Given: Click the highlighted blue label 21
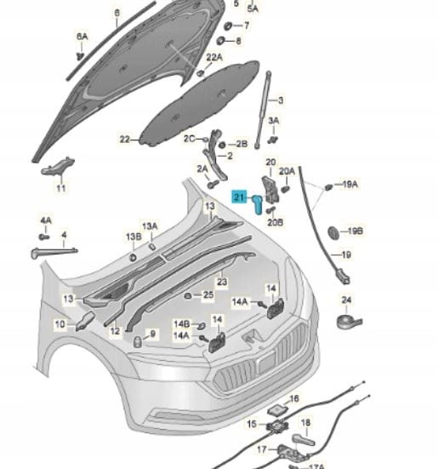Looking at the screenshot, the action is click(240, 197).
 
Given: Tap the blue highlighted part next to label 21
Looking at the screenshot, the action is click(257, 204).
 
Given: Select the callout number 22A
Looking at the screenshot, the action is click(214, 57).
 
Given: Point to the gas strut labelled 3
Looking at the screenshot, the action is click(263, 109).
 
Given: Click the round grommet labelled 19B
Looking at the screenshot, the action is click(333, 232).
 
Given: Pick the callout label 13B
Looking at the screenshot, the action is click(134, 237).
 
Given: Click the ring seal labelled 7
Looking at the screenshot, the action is click(229, 26).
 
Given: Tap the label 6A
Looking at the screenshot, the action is click(82, 37).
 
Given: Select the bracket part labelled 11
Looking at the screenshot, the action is click(57, 166).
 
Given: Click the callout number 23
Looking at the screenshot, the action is click(222, 282).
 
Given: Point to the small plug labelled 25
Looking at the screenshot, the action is click(188, 296).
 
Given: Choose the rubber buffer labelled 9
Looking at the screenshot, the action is click(138, 341).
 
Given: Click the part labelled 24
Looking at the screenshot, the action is click(349, 322).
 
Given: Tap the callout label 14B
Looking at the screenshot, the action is click(182, 324).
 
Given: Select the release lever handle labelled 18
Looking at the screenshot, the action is click(303, 440).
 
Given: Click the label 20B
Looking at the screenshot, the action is click(276, 222).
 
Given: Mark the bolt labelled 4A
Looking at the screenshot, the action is click(44, 237).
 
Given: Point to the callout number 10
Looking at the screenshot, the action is click(60, 324).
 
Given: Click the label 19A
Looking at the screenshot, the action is click(350, 184).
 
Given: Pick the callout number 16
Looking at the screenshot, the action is click(294, 398).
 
